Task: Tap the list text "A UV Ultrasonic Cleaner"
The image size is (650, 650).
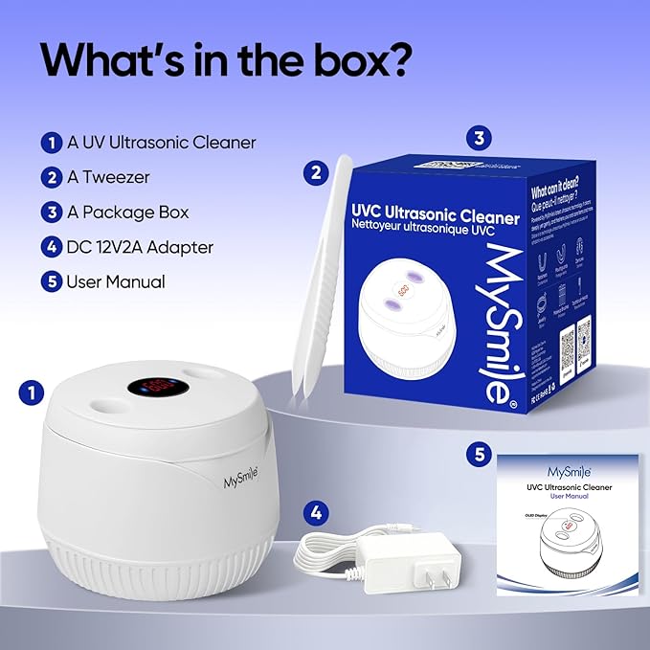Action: coord(161,143)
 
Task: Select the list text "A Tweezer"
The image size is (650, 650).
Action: coord(108,177)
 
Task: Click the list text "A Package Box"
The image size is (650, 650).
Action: coord(127,213)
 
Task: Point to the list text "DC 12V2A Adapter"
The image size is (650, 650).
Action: coord(140,247)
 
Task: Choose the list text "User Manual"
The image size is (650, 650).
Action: coord(116,281)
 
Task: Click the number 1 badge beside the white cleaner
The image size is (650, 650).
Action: coord(33,392)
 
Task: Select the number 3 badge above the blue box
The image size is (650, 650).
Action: coord(479,139)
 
